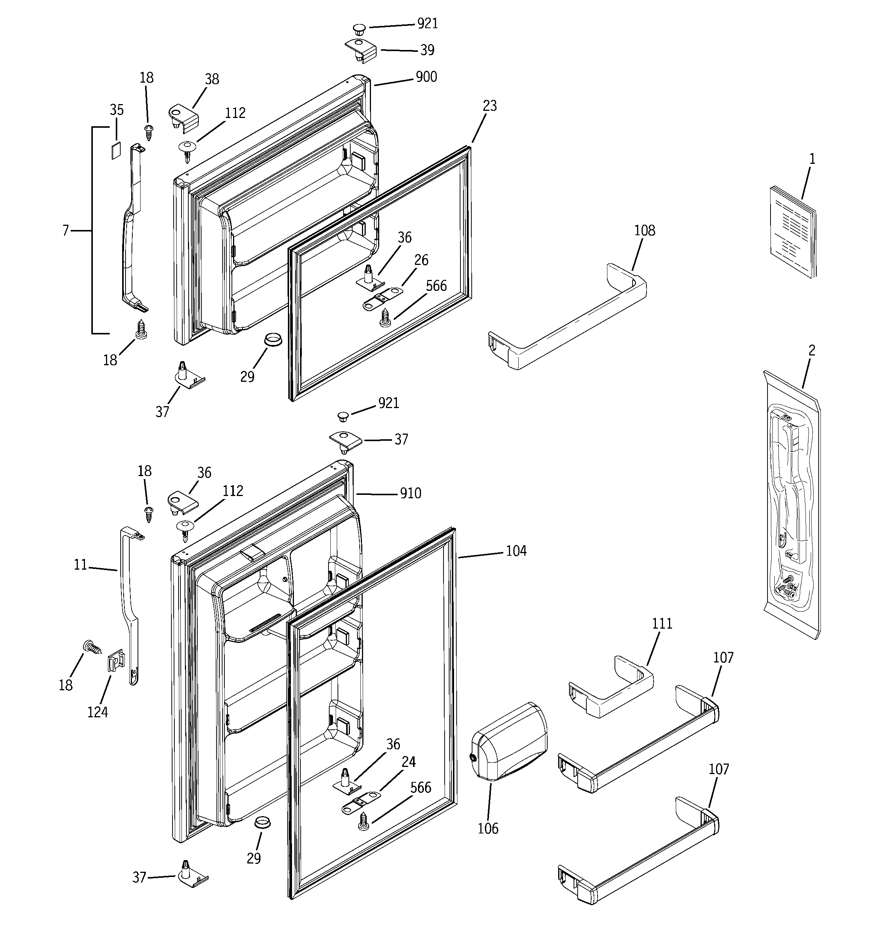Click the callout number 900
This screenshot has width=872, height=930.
click(x=426, y=77)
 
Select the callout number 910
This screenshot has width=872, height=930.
click(x=410, y=493)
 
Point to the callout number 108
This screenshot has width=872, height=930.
click(x=644, y=230)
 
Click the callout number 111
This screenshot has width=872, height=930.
click(x=662, y=624)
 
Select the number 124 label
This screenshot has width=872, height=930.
click(x=97, y=712)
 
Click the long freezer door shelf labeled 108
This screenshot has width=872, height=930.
click(x=566, y=318)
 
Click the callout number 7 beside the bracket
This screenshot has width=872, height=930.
click(x=65, y=230)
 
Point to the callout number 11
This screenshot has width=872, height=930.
click(x=80, y=565)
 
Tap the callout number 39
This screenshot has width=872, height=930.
click(x=427, y=50)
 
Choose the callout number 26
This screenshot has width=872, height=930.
click(x=421, y=260)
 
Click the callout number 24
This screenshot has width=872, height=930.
click(x=408, y=762)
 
